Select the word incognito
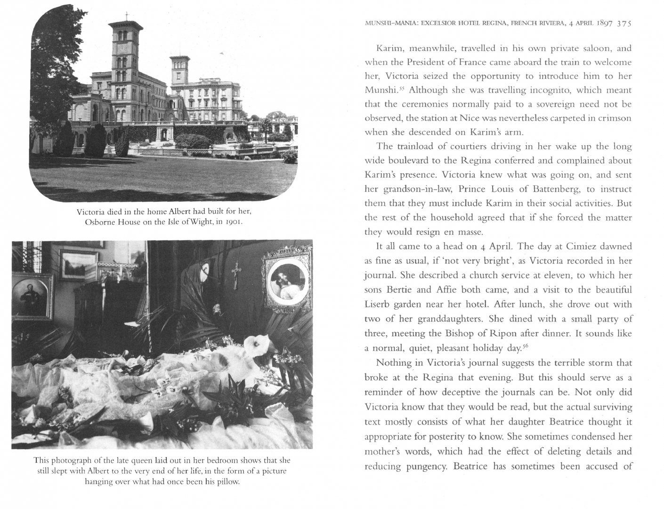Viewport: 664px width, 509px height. [x=545, y=90]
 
